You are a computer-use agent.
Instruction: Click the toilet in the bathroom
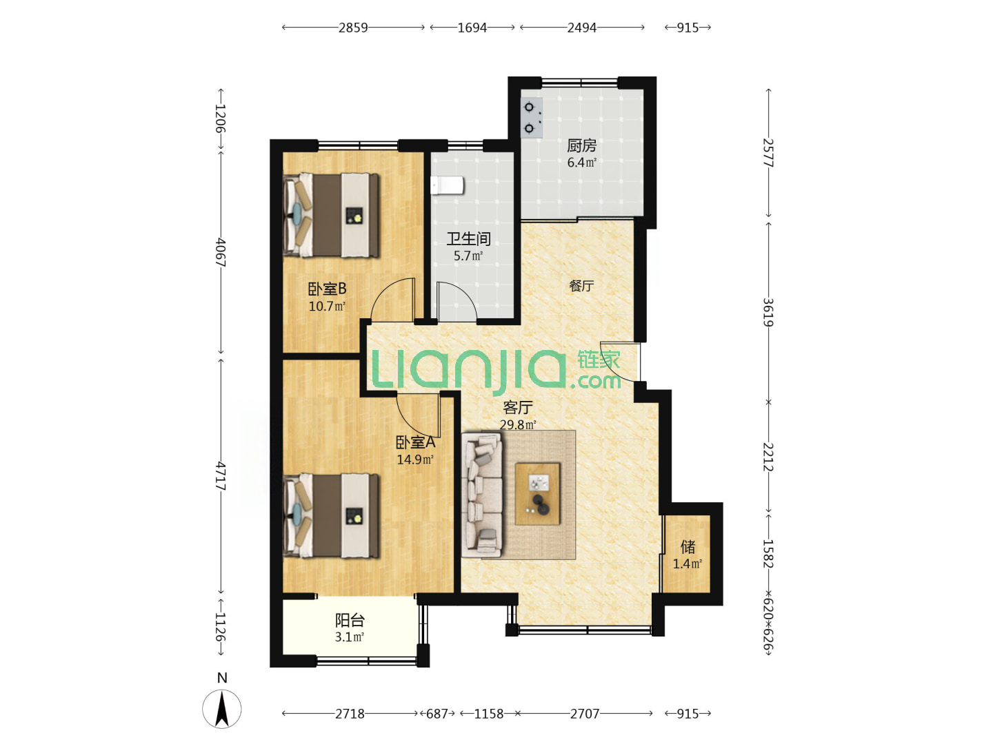pyautogui.click(x=447, y=185)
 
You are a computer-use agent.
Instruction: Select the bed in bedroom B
pyautogui.click(x=331, y=216)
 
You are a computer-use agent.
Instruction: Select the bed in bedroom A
pyautogui.click(x=331, y=515)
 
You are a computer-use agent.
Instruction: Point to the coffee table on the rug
pyautogui.click(x=537, y=494)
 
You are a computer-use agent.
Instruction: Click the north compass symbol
pyautogui.click(x=221, y=708)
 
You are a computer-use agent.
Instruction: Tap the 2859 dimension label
pyautogui.click(x=353, y=28)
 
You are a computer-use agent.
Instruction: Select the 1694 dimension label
pyautogui.click(x=472, y=28)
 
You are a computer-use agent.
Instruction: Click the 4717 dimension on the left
pyautogui.click(x=220, y=475)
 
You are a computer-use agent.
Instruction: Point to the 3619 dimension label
pyautogui.click(x=768, y=312)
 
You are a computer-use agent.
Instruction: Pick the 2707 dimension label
pyautogui.click(x=585, y=713)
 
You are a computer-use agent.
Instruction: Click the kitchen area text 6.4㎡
pyautogui.click(x=582, y=162)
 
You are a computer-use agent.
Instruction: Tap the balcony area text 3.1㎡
pyautogui.click(x=349, y=637)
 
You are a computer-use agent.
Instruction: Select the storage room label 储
pyautogui.click(x=688, y=547)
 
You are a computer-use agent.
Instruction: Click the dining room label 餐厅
pyautogui.click(x=581, y=285)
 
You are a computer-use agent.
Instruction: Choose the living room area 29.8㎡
pyautogui.click(x=518, y=424)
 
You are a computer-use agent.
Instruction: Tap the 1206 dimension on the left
pyautogui.click(x=220, y=118)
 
